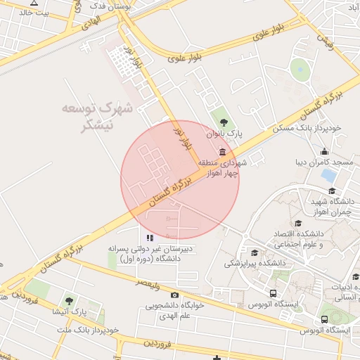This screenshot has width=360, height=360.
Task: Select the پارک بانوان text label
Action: click(x=224, y=131)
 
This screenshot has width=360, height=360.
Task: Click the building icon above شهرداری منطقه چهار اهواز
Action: click(x=223, y=152)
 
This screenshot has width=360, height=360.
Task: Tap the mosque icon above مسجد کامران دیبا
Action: click(x=324, y=151)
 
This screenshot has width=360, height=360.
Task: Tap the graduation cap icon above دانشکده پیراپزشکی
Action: click(x=254, y=252)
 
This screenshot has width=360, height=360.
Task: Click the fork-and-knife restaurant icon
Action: click(x=150, y=238)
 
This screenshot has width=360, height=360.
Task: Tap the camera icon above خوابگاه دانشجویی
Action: click(x=174, y=295)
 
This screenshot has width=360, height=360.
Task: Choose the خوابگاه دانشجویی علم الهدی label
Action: click(x=174, y=310)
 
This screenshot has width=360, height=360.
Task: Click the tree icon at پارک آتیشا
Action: click(x=69, y=301)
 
